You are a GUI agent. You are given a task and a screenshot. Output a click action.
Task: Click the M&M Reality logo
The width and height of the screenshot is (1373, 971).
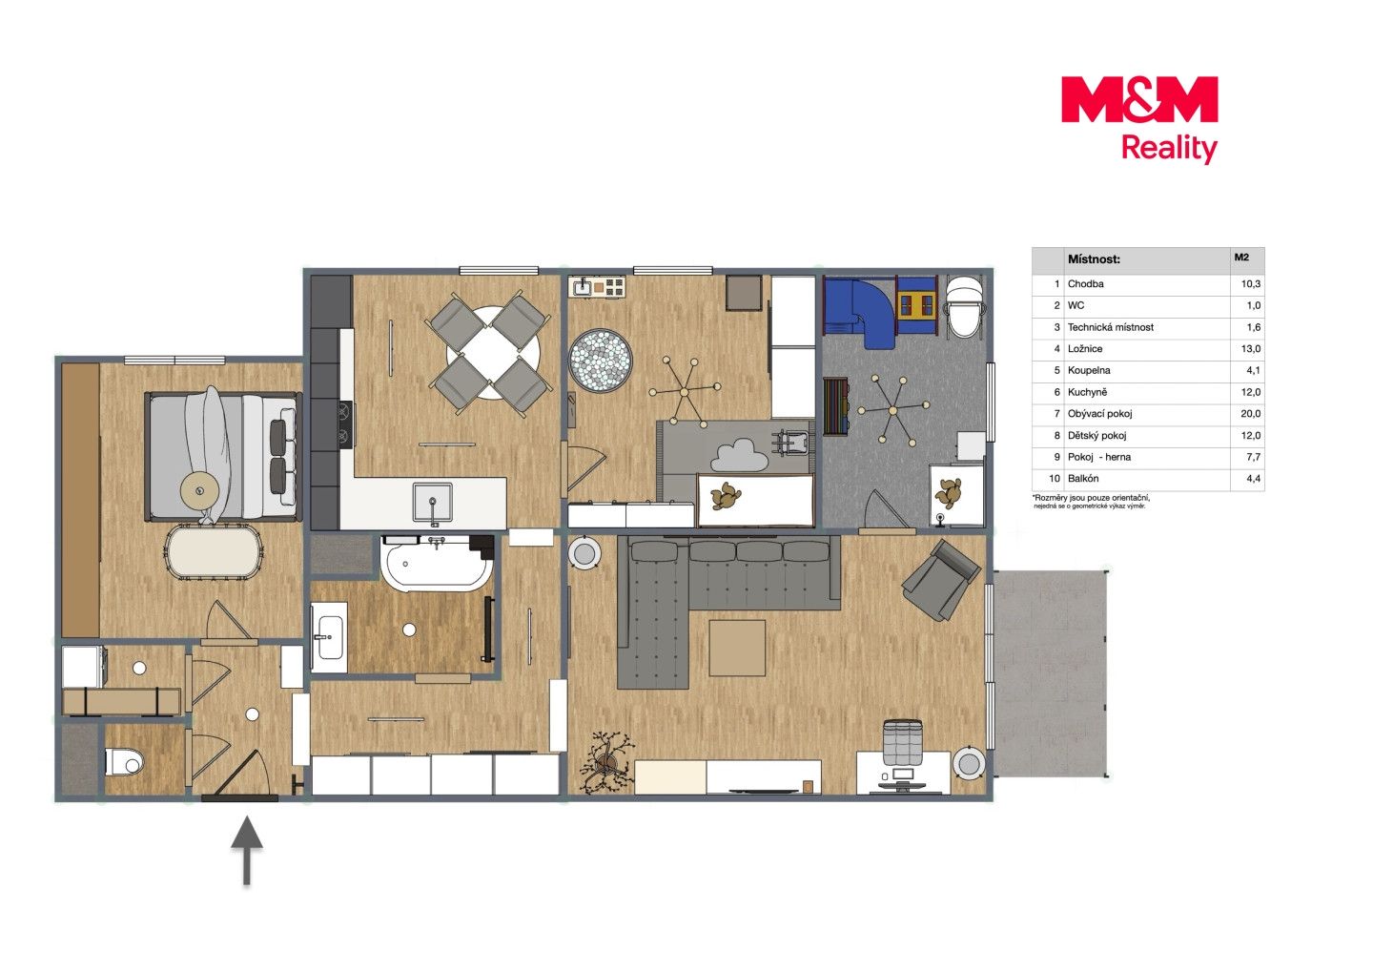click(x=1139, y=119)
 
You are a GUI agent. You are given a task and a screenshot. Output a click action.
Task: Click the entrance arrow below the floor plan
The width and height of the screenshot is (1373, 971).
click(x=247, y=850)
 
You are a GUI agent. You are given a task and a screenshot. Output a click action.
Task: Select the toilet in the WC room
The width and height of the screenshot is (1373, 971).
click(x=124, y=762)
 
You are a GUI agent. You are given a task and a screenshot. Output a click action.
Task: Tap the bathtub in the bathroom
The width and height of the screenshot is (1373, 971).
click(x=437, y=563)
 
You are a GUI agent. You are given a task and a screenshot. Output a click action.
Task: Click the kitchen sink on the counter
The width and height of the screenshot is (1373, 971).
click(x=432, y=503)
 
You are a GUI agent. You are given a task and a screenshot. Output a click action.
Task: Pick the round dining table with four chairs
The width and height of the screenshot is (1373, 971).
click(x=489, y=354)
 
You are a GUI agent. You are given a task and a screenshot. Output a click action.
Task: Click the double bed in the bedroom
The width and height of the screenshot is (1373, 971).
click(x=223, y=457)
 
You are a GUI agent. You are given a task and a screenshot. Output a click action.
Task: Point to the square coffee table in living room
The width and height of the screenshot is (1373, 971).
click(x=737, y=648)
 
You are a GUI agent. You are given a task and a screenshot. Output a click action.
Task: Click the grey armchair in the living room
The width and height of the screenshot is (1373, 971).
click(x=941, y=580)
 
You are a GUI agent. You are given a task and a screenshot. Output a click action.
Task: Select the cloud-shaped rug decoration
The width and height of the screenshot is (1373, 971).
click(x=740, y=454)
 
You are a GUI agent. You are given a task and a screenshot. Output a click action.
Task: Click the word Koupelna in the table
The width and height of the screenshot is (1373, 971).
click(x=1089, y=370)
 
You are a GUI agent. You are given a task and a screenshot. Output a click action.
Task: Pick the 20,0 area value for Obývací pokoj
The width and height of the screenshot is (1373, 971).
click(x=1250, y=414)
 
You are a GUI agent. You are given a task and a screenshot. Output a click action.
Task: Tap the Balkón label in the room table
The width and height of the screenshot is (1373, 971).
click(x=1083, y=478)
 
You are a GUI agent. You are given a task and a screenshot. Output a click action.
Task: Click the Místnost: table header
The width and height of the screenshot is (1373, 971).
click(x=1094, y=259)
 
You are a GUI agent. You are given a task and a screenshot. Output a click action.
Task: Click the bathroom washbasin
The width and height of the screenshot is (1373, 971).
click(x=329, y=637)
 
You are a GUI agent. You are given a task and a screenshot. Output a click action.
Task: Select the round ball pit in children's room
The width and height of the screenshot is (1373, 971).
click(x=601, y=361)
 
